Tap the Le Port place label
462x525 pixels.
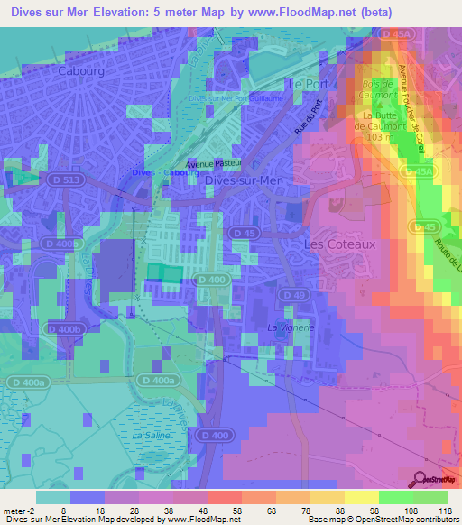tap(305, 83)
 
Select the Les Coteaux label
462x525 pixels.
tap(339, 244)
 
